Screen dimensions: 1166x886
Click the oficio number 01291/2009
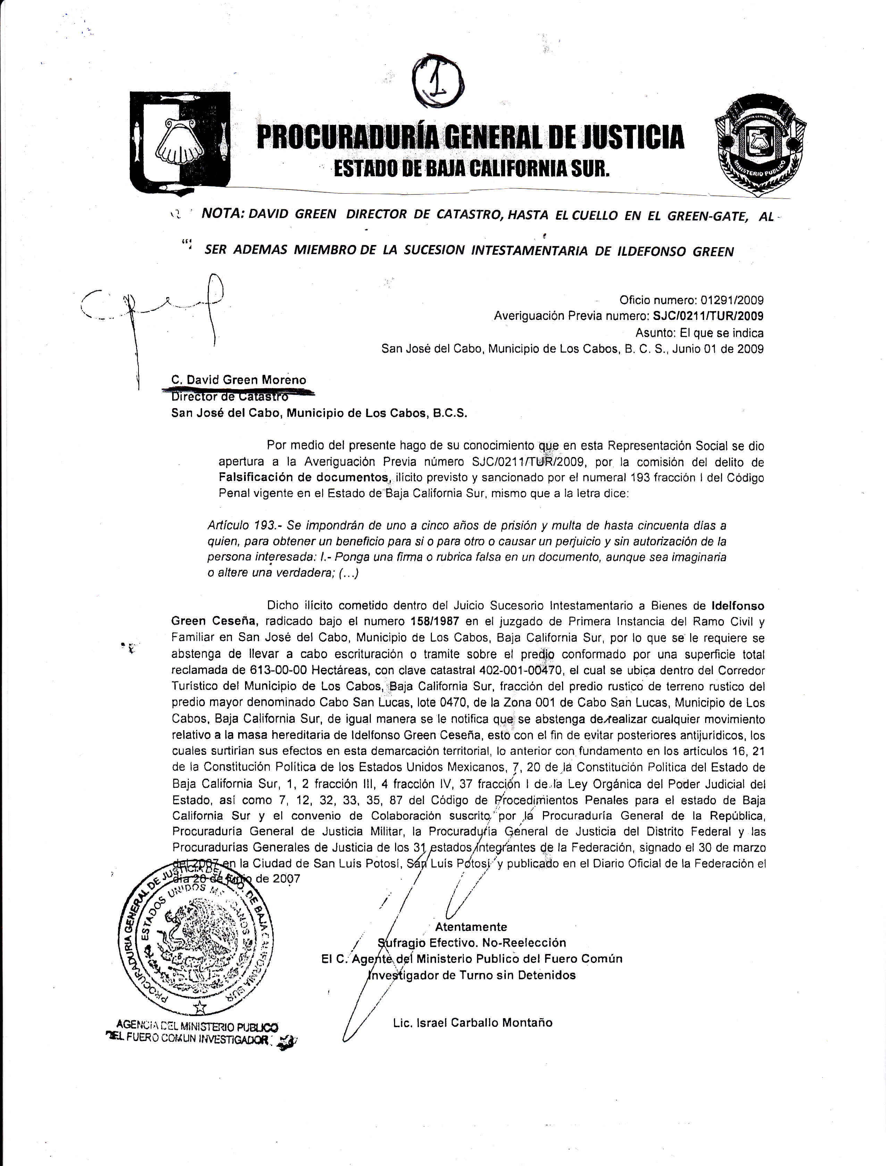point(732,301)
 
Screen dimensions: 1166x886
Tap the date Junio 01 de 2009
point(719,349)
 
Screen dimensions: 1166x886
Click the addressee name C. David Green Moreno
point(239,380)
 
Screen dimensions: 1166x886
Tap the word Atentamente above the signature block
point(471,927)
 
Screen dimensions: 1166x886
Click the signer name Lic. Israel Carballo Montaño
point(473,1023)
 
